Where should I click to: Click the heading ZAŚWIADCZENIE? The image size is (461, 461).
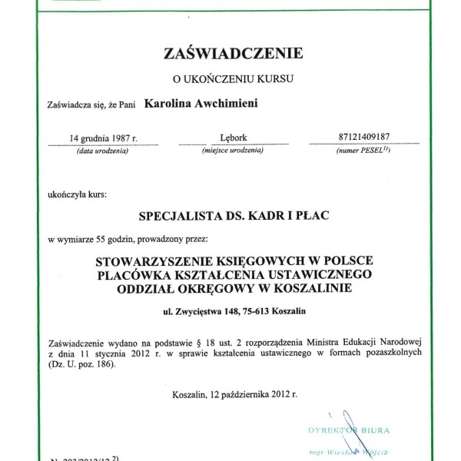point(234,53)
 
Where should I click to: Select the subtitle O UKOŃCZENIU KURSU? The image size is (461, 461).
point(234,78)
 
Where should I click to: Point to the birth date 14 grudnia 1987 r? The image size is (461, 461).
point(102,138)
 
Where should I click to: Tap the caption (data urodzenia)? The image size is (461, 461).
point(102,151)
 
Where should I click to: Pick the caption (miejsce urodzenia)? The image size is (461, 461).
point(233,151)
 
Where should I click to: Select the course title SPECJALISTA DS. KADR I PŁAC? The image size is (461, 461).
point(233,216)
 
